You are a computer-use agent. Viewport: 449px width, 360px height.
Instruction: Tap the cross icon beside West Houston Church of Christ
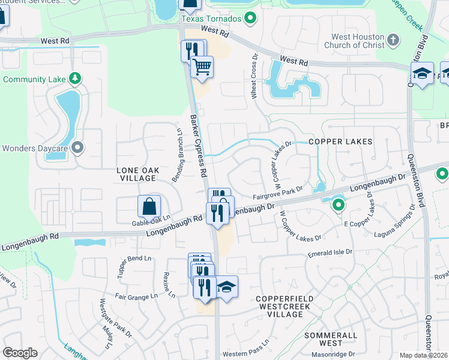click(x=393, y=40)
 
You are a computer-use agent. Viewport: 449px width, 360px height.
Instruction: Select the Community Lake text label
click(x=34, y=79)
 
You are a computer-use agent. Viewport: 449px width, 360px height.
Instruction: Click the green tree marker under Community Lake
click(x=75, y=79)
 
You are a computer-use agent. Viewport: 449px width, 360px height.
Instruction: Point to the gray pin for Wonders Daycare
click(x=77, y=148)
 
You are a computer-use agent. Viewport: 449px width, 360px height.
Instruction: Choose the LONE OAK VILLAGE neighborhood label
click(x=138, y=175)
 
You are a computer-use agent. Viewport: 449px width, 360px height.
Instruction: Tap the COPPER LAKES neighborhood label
click(x=340, y=142)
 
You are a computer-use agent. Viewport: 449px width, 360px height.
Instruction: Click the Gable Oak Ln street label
click(x=151, y=223)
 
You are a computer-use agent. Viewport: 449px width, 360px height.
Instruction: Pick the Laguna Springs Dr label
click(x=394, y=223)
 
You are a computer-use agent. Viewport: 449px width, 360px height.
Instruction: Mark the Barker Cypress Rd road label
click(x=199, y=146)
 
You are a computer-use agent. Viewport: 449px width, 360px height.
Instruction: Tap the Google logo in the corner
click(x=20, y=353)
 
